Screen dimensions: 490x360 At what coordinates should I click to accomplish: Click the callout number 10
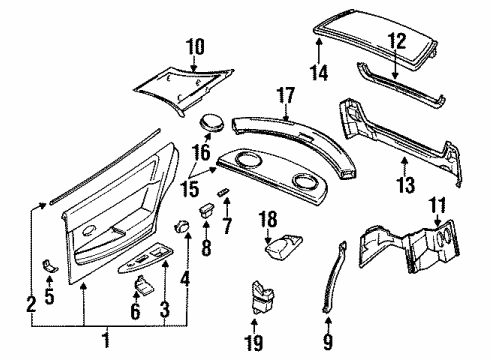click(195, 47)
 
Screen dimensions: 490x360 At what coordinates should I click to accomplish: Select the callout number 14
click(319, 72)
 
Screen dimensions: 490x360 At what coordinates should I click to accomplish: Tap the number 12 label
click(397, 41)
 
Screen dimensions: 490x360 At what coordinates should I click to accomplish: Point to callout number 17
click(286, 96)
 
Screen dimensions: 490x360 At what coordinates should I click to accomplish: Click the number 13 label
click(406, 185)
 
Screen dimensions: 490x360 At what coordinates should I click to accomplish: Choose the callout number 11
click(437, 205)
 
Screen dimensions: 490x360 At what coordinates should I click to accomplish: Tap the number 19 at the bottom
click(254, 342)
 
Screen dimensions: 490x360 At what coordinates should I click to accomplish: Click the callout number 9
click(328, 341)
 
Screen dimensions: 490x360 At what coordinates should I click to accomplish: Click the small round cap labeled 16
click(212, 122)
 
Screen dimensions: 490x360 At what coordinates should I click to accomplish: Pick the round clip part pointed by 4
click(181, 227)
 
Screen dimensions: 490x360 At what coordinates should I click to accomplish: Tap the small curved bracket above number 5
click(50, 266)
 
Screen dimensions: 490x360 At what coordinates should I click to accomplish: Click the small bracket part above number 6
click(144, 285)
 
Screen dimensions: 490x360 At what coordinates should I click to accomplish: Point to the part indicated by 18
click(283, 247)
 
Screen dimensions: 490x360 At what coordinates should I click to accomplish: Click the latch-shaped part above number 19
click(262, 298)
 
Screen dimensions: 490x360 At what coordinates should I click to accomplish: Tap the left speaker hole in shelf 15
click(246, 158)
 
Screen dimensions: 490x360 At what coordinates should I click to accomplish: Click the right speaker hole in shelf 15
click(304, 181)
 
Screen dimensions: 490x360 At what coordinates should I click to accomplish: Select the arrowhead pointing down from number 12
click(395, 76)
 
